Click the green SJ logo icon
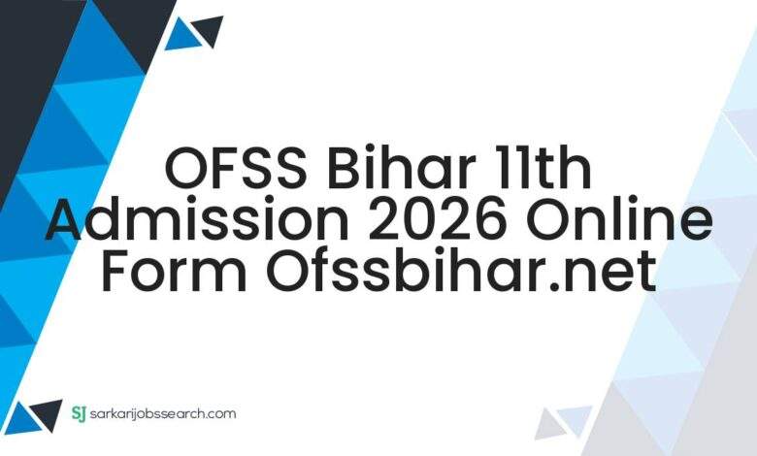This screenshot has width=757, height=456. [x=81, y=414]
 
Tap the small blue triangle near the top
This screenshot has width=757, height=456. [x=180, y=36]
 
